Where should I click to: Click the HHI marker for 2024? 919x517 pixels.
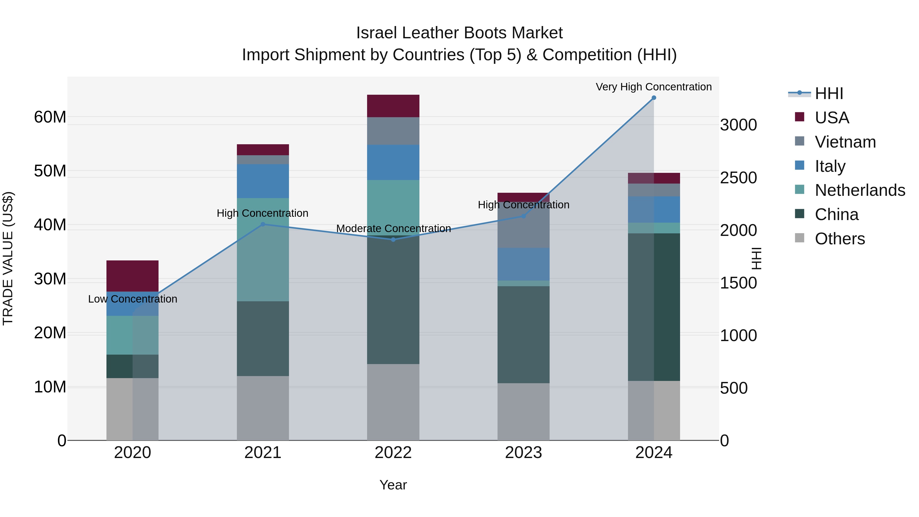point(654,98)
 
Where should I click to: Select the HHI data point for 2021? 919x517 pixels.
point(263,224)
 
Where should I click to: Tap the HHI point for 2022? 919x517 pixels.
point(393,239)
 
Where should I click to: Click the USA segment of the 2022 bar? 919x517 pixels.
point(393,106)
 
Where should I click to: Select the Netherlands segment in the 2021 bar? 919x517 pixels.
point(263,249)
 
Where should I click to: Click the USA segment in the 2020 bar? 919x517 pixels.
point(132,276)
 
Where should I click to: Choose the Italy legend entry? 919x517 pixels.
point(830,166)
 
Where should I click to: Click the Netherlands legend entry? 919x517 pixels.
point(860,190)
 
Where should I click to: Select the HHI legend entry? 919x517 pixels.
point(828,93)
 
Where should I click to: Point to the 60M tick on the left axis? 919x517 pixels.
point(50,117)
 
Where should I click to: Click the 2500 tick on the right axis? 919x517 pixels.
point(738,178)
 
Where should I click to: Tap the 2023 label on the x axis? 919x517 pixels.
point(523,453)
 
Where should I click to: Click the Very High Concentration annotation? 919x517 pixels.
point(654,87)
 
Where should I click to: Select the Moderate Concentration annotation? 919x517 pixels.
point(393,228)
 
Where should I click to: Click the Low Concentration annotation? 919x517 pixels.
point(132,299)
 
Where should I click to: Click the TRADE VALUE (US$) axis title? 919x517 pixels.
point(8,258)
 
